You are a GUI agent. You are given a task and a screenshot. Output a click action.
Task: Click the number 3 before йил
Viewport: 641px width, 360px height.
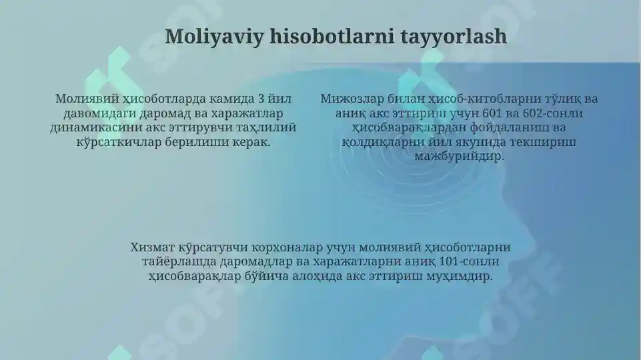click(x=261, y=99)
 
